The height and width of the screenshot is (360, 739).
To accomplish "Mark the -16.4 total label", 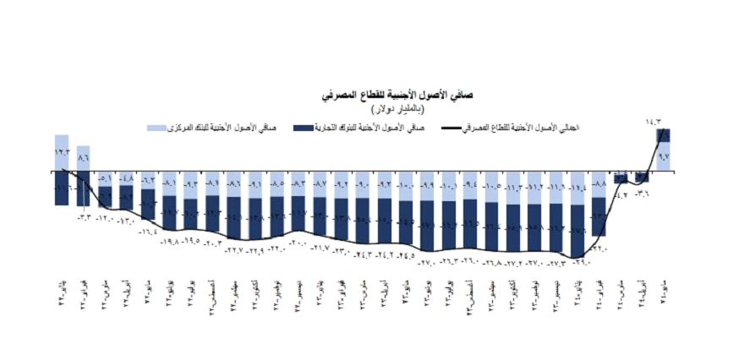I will [149, 231].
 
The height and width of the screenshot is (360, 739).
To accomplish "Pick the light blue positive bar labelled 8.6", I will [83, 158].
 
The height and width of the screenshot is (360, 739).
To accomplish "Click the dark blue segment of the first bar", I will [62, 188].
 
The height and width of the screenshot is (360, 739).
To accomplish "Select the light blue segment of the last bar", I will [665, 157].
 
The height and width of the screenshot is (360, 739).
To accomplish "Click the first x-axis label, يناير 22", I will [62, 288].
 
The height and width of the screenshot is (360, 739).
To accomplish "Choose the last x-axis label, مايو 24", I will [665, 288].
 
